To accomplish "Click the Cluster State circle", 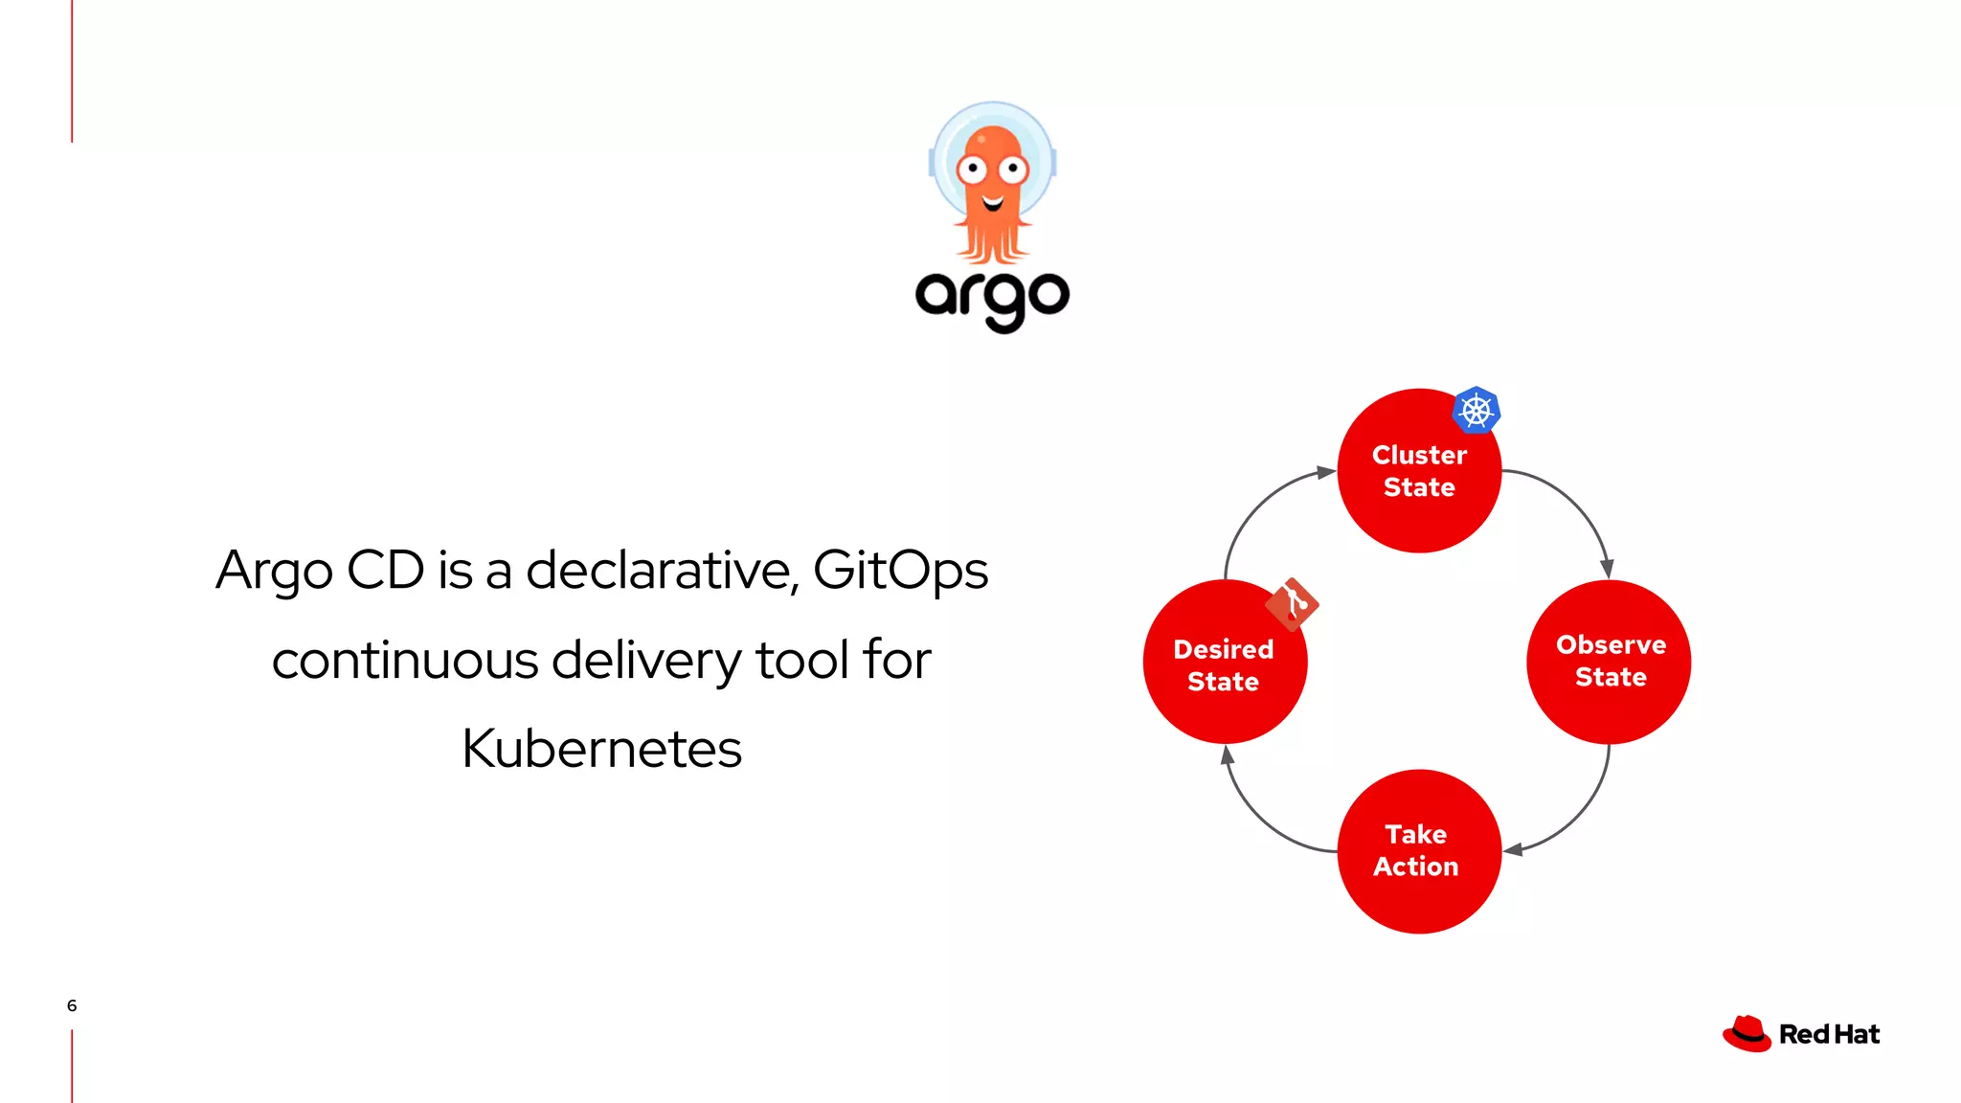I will pyautogui.click(x=1418, y=471).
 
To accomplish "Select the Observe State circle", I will pyautogui.click(x=1609, y=662).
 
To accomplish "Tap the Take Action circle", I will pyautogui.click(x=1418, y=851).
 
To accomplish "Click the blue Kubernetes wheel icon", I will pyautogui.click(x=1476, y=411).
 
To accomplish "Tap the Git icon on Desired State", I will pyautogui.click(x=1292, y=604).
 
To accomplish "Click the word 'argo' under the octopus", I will pyautogui.click(x=992, y=298).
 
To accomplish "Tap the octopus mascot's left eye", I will pyautogui.click(x=972, y=170).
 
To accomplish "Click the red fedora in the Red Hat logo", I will pyautogui.click(x=1747, y=1034).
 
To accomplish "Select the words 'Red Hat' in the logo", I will pyautogui.click(x=1829, y=1034).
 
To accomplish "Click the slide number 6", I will pyautogui.click(x=72, y=1005).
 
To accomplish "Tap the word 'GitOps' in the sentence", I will pyautogui.click(x=900, y=572).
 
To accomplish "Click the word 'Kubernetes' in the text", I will pyautogui.click(x=601, y=749).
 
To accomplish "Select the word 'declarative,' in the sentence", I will pyautogui.click(x=662, y=570).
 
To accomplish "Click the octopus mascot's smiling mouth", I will pyautogui.click(x=993, y=202).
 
